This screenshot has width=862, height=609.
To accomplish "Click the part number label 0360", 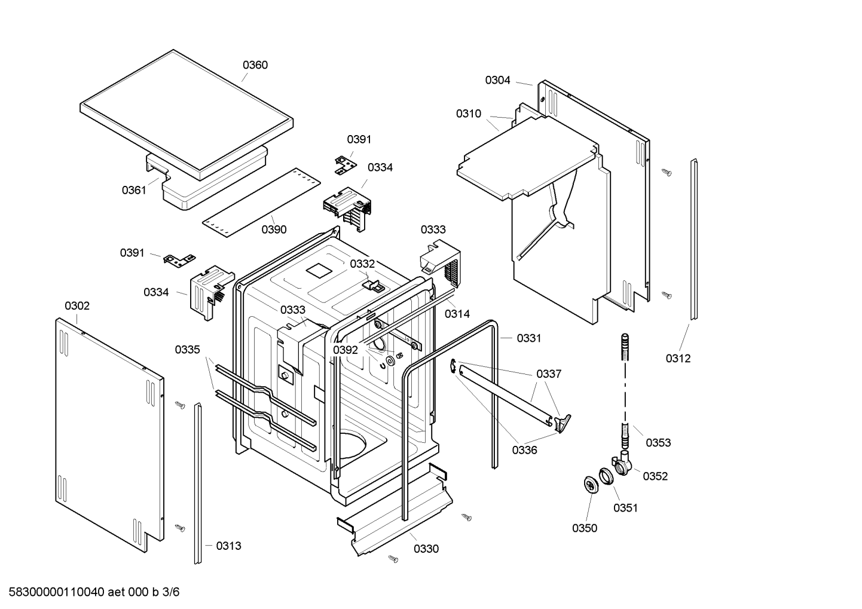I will pyautogui.click(x=255, y=65).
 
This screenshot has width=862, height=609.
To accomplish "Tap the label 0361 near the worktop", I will pyautogui.click(x=134, y=190).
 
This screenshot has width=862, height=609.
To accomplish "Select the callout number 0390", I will pyautogui.click(x=274, y=229).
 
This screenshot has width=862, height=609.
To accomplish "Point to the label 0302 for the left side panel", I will pyautogui.click(x=77, y=306).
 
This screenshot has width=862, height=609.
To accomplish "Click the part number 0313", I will pyautogui.click(x=228, y=546).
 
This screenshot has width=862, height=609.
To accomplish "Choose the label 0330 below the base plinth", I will pyautogui.click(x=426, y=549).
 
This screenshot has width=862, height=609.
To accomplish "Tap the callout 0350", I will pyautogui.click(x=584, y=528).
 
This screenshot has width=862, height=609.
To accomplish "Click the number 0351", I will pyautogui.click(x=625, y=508).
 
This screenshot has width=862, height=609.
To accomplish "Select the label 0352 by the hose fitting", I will pyautogui.click(x=655, y=476).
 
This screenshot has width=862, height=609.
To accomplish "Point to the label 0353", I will pyautogui.click(x=658, y=443).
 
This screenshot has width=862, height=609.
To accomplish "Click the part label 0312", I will pyautogui.click(x=678, y=359).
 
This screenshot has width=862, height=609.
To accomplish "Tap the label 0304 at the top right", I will pyautogui.click(x=497, y=80).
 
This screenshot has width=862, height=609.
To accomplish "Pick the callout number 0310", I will pyautogui.click(x=468, y=114).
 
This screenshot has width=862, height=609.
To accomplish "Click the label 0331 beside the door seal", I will pyautogui.click(x=528, y=338).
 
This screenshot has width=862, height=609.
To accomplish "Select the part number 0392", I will pyautogui.click(x=345, y=350).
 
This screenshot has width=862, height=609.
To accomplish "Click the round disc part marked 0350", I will pyautogui.click(x=591, y=485).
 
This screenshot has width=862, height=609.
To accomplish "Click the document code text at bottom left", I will pyautogui.click(x=90, y=592).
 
